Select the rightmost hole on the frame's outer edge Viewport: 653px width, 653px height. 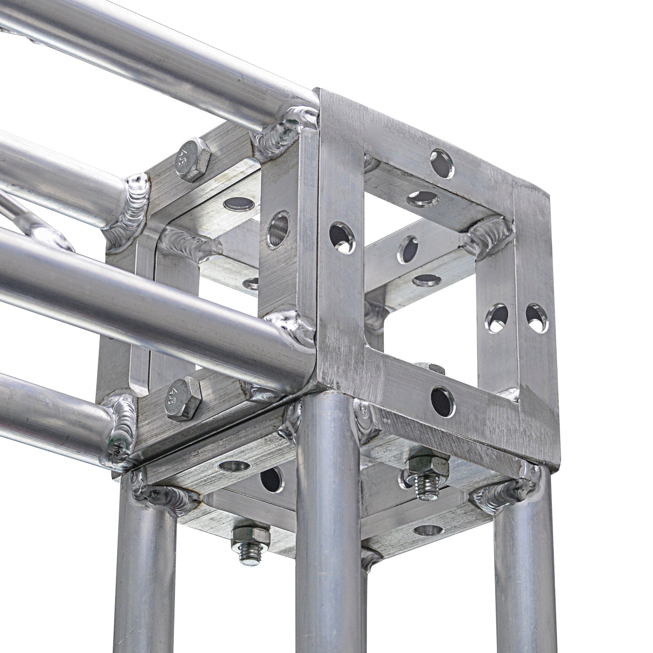(x=537, y=318)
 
